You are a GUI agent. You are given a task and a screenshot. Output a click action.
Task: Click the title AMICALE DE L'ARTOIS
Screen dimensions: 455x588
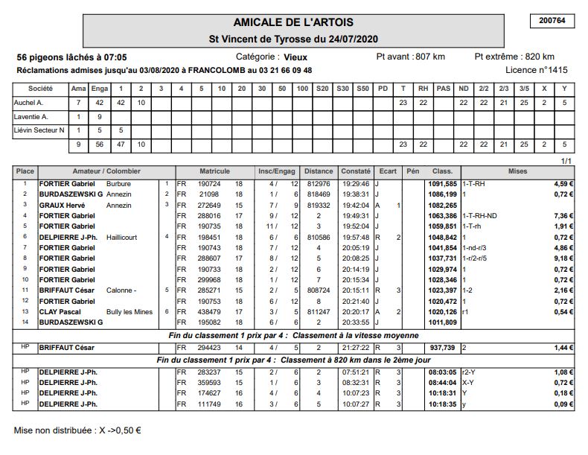[x=293, y=22]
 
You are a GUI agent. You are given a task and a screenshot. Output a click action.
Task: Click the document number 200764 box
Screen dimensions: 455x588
[x=552, y=21]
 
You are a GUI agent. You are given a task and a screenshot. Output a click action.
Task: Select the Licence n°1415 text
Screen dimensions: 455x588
[x=536, y=70]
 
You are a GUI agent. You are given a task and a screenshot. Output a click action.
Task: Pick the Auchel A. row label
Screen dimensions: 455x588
[x=29, y=103]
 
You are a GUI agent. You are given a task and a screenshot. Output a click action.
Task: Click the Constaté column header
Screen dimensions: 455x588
[x=355, y=171]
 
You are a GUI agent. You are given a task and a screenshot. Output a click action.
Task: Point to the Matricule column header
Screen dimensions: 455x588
[x=214, y=171]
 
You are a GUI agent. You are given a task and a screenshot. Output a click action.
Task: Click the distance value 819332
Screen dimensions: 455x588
[x=319, y=205]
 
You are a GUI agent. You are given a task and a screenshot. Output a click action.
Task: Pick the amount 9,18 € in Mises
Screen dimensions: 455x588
[x=563, y=258]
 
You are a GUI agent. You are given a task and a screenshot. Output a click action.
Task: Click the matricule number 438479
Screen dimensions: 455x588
[x=209, y=311]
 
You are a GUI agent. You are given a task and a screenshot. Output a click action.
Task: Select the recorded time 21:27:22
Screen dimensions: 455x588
[x=355, y=347]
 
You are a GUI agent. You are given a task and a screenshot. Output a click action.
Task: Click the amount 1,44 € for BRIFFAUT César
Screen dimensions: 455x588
[x=563, y=347]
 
